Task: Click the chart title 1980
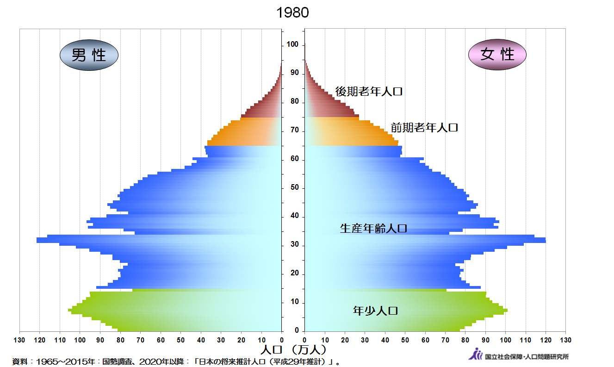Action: (x=292, y=12)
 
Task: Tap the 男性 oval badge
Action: (x=89, y=55)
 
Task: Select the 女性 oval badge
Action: (x=497, y=55)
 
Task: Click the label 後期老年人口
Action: (x=369, y=91)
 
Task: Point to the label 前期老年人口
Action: (x=424, y=127)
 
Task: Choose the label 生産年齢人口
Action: (x=373, y=228)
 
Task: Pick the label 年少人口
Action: (x=375, y=311)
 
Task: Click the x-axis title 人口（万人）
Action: (x=294, y=348)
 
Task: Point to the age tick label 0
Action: (x=297, y=331)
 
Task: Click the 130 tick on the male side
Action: (x=20, y=340)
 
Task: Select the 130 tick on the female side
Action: (x=565, y=340)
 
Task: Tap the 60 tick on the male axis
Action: (x=161, y=340)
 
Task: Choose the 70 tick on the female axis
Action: (x=445, y=340)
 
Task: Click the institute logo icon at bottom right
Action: (x=476, y=355)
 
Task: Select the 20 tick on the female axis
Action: (x=345, y=340)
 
